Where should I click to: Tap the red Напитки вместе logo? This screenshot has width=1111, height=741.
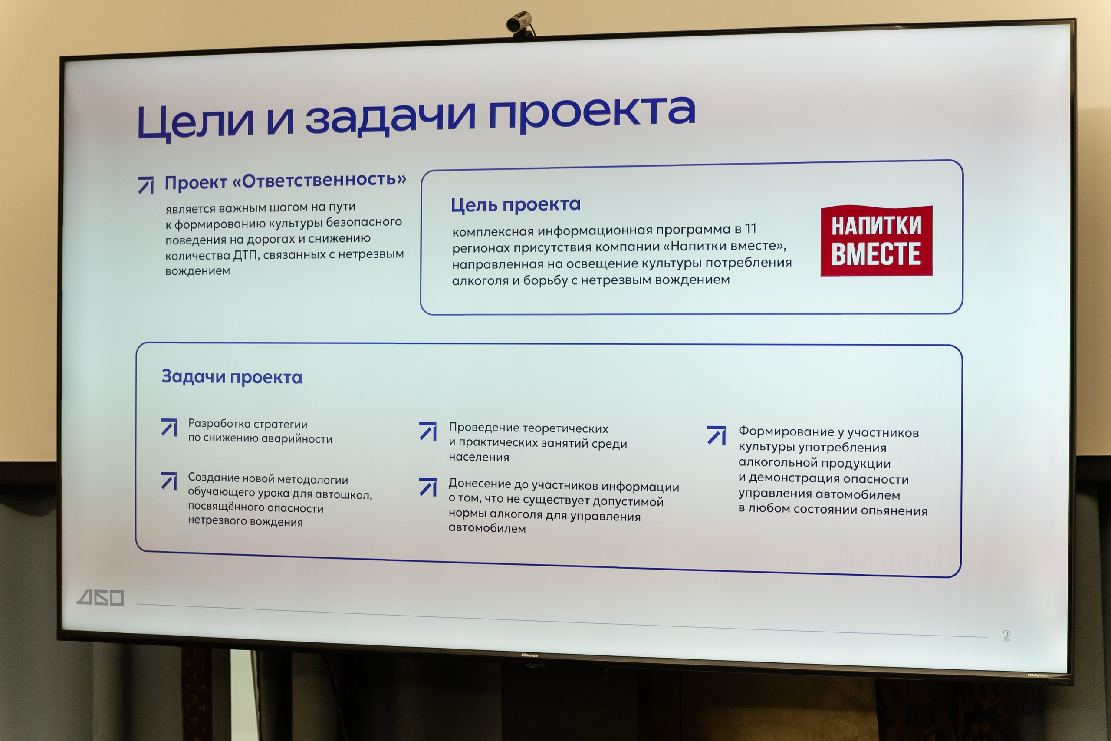point(876,240)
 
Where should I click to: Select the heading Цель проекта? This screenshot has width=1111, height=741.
point(515,204)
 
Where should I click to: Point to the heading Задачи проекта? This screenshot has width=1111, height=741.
point(231,377)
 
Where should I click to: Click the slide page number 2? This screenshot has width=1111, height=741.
point(1006,636)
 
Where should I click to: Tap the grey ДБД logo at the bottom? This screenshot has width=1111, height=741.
point(101,598)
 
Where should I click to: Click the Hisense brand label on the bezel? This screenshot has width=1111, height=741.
point(529,655)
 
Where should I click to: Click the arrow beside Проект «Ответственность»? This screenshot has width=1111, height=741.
point(146,185)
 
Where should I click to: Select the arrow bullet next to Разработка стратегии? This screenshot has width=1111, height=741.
point(169,427)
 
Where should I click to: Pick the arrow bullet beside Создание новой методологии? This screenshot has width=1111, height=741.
point(169,481)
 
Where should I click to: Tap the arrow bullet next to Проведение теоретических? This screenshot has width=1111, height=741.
point(428,431)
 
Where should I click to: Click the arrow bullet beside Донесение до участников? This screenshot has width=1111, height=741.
point(428,487)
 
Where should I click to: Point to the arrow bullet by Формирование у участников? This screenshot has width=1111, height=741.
point(716,435)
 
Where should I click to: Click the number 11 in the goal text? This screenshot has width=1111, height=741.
point(751,229)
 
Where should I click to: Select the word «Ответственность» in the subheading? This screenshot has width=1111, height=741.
point(319,180)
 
